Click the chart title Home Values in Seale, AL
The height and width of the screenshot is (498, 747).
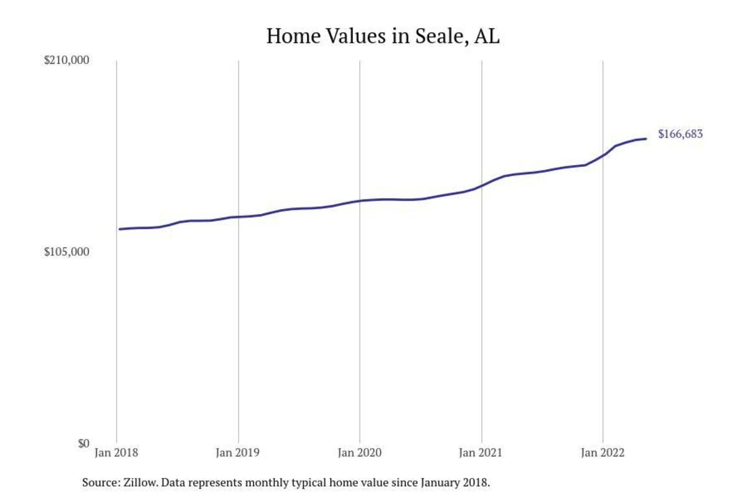383,36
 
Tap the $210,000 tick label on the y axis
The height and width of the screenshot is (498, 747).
67,61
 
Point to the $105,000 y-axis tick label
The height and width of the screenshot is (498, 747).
67,252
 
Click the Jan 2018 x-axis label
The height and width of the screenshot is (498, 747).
116,453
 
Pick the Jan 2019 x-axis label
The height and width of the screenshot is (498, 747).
238,453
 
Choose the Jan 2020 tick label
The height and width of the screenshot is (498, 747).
360,453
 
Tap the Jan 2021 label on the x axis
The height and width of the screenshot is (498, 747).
481,453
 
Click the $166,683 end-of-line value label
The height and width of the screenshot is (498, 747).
680,134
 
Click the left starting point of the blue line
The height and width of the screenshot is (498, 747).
120,229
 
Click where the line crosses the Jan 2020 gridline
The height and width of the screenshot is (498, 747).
360,200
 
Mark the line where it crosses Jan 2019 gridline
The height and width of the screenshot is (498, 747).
238,217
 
